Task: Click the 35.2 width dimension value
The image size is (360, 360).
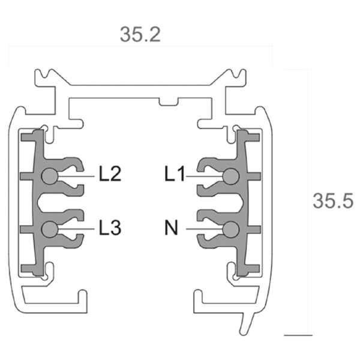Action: point(140,35)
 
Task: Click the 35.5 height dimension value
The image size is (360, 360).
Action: point(333,201)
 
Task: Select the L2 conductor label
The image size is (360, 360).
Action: point(110,173)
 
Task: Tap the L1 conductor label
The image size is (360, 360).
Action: point(175,173)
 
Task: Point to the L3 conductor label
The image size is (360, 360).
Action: point(110,227)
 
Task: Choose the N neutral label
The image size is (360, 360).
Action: point(171,227)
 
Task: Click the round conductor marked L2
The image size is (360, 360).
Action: point(50,176)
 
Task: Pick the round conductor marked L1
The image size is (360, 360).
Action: point(231,176)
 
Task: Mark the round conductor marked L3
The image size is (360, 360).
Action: point(50,229)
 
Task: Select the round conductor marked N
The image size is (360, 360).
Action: point(231,229)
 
